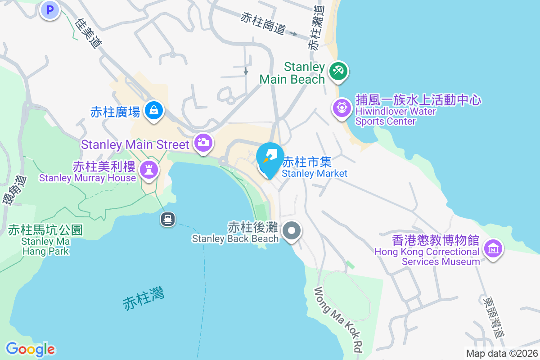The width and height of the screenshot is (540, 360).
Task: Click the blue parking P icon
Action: click(x=50, y=9)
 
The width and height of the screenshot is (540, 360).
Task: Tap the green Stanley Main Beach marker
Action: click(x=338, y=71)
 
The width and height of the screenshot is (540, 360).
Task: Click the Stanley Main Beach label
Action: click(x=292, y=73)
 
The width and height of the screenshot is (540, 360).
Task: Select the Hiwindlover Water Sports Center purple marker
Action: click(x=342, y=108)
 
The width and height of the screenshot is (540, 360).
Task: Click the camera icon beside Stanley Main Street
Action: click(x=203, y=143)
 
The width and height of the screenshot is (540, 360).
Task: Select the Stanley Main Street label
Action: click(x=135, y=144)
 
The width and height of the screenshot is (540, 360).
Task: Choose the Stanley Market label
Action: click(x=315, y=167)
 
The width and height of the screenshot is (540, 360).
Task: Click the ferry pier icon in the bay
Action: click(x=168, y=219)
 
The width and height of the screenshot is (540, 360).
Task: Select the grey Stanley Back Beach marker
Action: click(x=292, y=231)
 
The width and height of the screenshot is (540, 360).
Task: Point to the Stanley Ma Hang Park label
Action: click(x=45, y=241)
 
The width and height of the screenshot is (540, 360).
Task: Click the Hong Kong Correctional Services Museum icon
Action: click(x=493, y=248)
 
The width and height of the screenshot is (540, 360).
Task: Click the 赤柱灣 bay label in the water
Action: click(x=144, y=297)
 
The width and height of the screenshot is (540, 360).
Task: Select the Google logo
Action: click(x=30, y=349)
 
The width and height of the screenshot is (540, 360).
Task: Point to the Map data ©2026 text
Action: click(x=501, y=354)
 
